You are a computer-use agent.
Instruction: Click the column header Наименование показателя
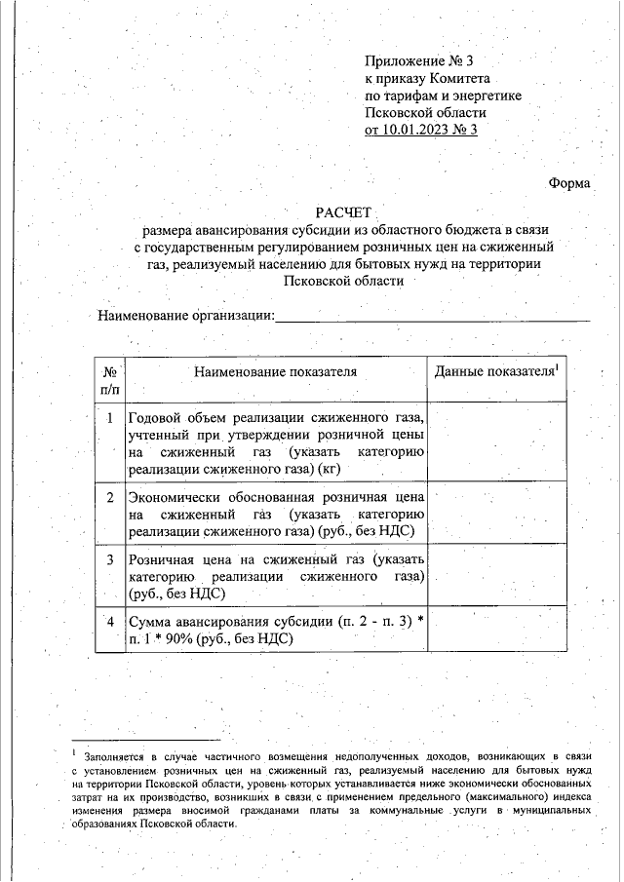pyautogui.click(x=275, y=371)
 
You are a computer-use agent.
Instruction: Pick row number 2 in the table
pyautogui.click(x=110, y=497)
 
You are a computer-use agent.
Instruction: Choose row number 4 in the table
pyautogui.click(x=110, y=621)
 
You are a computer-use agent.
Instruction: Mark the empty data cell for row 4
pyautogui.click(x=498, y=629)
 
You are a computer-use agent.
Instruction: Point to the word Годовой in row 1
pyautogui.click(x=158, y=418)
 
